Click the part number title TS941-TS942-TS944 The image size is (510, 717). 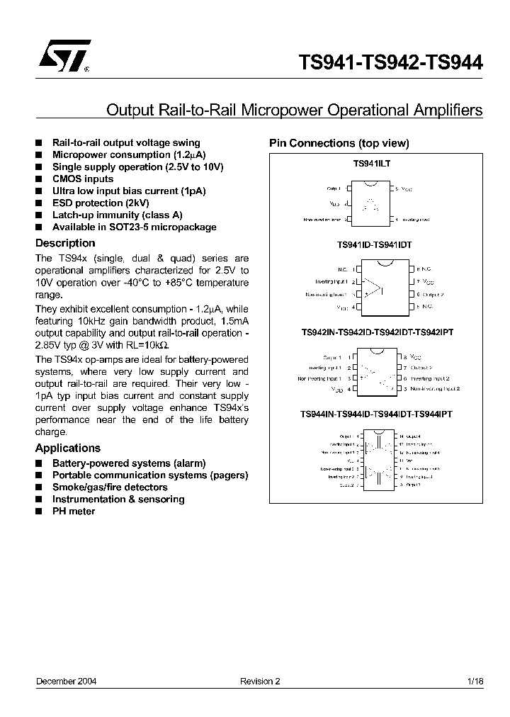tap(391, 62)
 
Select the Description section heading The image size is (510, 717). tap(65, 243)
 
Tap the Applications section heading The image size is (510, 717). tap(68, 448)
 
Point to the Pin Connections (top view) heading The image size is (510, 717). tap(339, 143)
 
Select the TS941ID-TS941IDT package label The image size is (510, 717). tap(374, 244)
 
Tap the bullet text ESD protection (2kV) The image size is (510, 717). tap(101, 203)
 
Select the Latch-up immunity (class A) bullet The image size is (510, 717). tap(117, 215)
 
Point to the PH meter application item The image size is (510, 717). tap(74, 511)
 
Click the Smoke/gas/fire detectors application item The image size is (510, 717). tap(110, 487)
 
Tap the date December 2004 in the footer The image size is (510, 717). tap(67, 681)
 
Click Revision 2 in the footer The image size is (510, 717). tap(260, 681)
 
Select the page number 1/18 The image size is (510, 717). tap(475, 681)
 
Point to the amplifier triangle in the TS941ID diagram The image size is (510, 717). tap(373, 288)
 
